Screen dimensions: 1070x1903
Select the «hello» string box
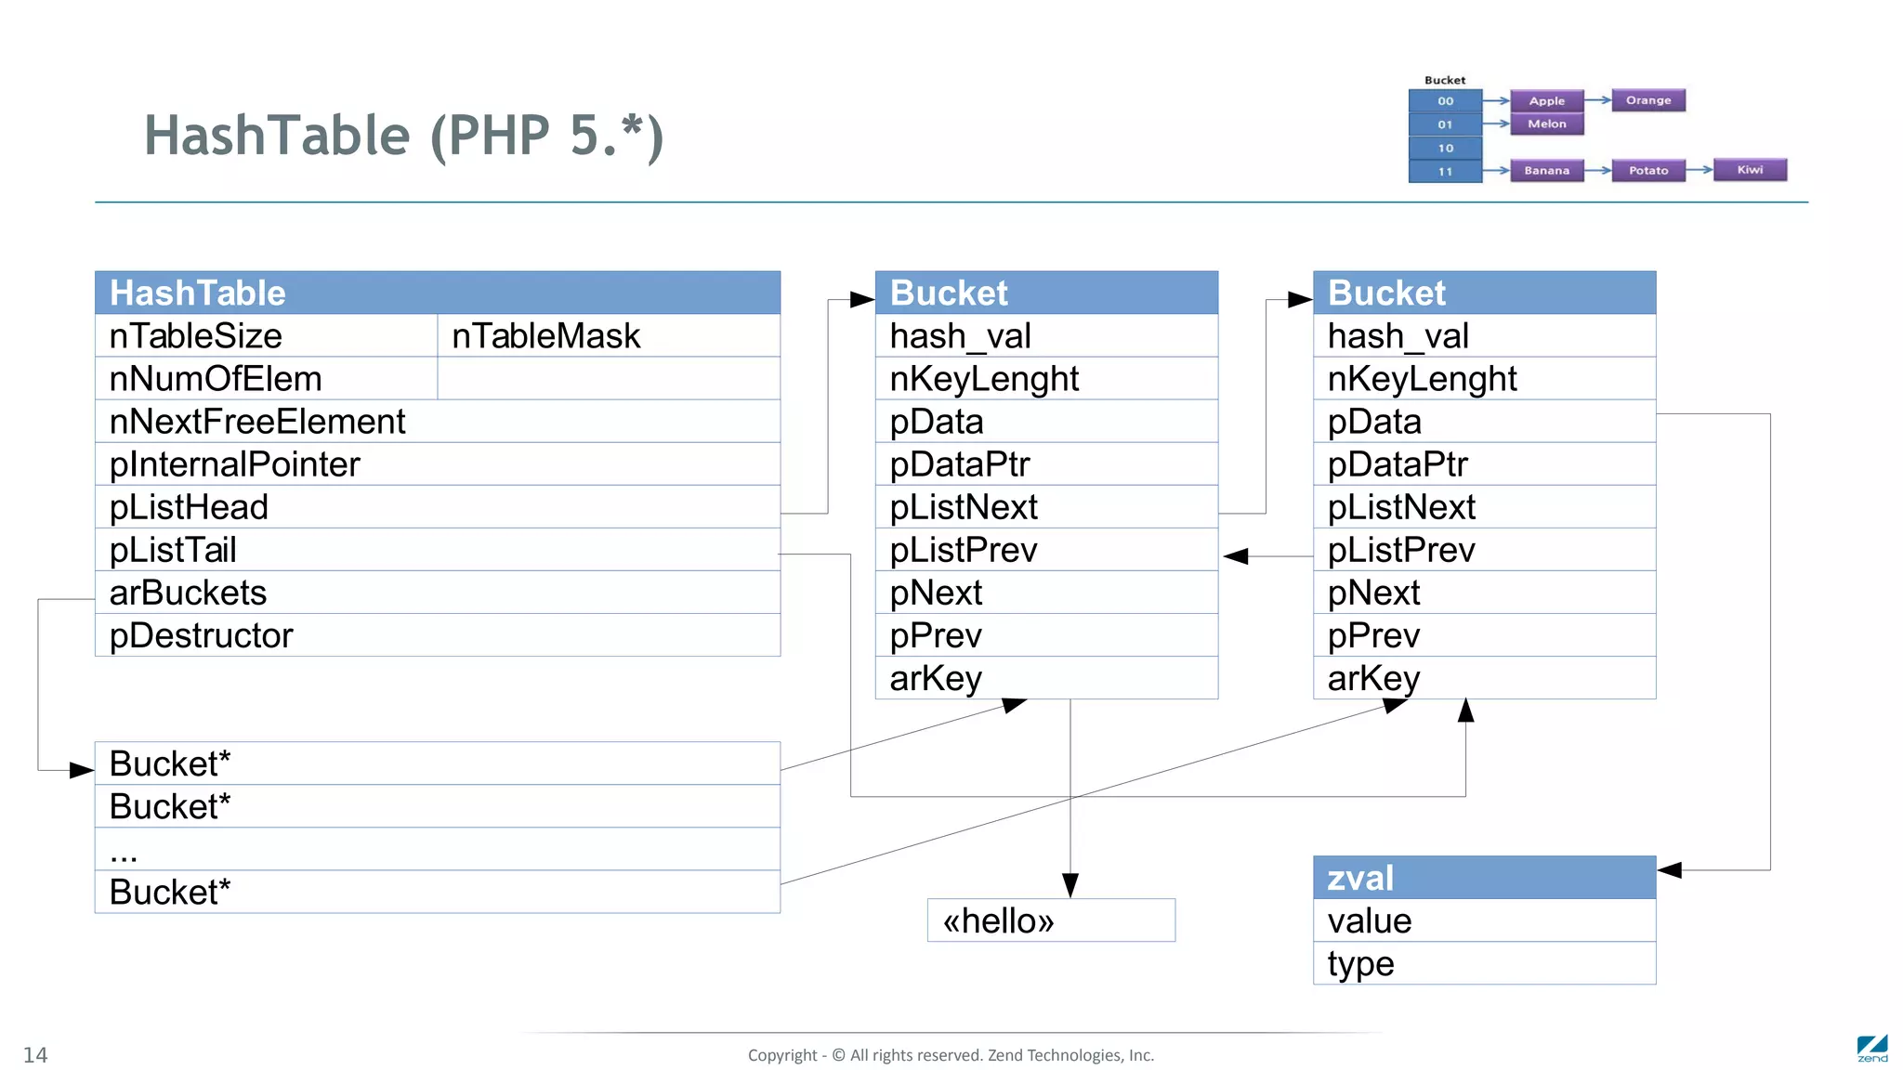click(x=1051, y=920)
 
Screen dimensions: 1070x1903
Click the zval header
click(x=1484, y=878)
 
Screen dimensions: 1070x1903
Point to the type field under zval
click(x=1484, y=963)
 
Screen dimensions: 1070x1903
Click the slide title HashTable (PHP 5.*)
click(x=404, y=136)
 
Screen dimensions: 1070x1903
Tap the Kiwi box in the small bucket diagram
click(x=1750, y=170)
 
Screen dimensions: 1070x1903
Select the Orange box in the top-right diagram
click(x=1648, y=100)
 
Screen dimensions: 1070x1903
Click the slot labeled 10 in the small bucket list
click(x=1445, y=148)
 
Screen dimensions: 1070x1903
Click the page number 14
click(x=35, y=1055)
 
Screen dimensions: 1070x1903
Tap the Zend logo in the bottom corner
click(x=1871, y=1049)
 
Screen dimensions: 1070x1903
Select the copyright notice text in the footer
click(x=951, y=1055)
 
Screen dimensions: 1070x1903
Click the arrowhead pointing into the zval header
click(x=1670, y=870)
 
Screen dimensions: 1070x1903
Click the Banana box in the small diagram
click(x=1546, y=171)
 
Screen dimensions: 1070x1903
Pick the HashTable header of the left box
click(x=437, y=293)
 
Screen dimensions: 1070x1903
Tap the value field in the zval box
click(x=1484, y=920)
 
